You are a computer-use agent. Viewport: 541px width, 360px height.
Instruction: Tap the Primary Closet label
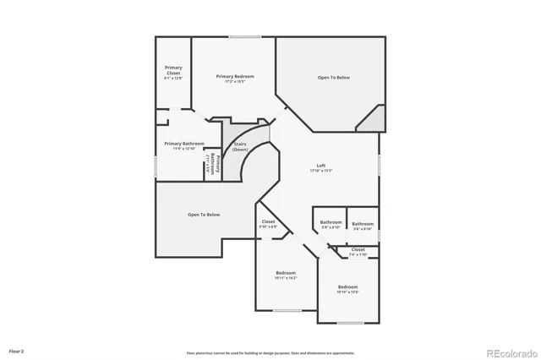pyautogui.click(x=173, y=70)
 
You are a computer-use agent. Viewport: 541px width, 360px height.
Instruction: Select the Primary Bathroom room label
pyautogui.click(x=183, y=144)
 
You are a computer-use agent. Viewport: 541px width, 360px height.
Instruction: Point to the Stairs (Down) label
pyautogui.click(x=240, y=146)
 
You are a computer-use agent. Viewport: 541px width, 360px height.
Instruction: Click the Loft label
pyautogui.click(x=321, y=165)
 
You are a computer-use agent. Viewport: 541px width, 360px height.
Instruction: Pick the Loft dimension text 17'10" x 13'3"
pyautogui.click(x=321, y=171)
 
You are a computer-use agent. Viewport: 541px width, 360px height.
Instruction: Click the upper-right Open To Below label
pyautogui.click(x=334, y=78)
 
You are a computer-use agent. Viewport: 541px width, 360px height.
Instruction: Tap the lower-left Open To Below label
pyautogui.click(x=204, y=215)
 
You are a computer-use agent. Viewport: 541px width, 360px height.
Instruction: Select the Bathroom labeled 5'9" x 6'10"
pyautogui.click(x=331, y=222)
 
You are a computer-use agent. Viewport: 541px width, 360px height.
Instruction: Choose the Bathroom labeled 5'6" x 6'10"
pyautogui.click(x=363, y=222)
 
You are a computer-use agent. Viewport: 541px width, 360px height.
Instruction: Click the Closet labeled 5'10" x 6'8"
pyautogui.click(x=268, y=221)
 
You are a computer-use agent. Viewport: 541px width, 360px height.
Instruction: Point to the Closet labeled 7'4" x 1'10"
pyautogui.click(x=358, y=250)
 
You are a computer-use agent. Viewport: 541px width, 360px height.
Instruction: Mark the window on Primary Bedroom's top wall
pyautogui.click(x=244, y=35)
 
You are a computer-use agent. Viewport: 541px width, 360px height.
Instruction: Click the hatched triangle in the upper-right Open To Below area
pyautogui.click(x=374, y=119)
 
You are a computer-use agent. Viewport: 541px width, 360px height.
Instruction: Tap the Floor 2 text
pyautogui.click(x=17, y=350)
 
